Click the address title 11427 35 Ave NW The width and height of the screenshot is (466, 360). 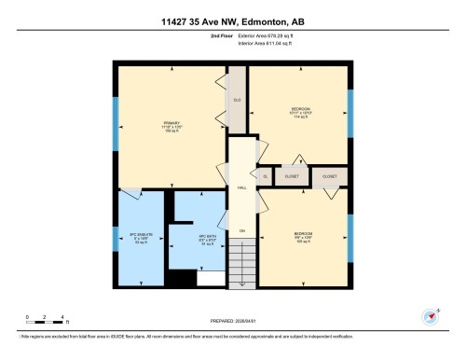click(232, 11)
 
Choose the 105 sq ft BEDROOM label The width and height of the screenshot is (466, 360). click(303, 236)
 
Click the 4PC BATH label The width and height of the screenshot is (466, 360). click(195, 237)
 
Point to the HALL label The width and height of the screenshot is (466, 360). click(241, 187)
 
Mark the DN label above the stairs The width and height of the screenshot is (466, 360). click(241, 230)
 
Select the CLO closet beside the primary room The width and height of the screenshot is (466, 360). click(237, 99)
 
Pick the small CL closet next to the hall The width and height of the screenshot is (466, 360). click(265, 175)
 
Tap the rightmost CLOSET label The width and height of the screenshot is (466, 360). click(329, 175)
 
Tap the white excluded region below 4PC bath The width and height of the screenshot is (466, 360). click(211, 278)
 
